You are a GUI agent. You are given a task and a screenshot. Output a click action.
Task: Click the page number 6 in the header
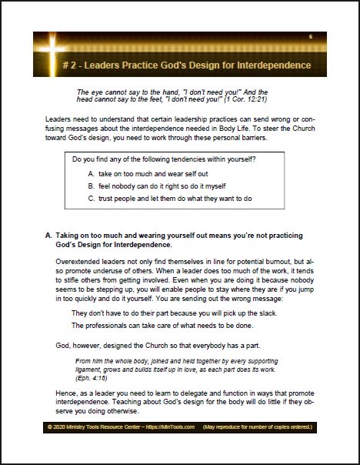pyautogui.click(x=310, y=36)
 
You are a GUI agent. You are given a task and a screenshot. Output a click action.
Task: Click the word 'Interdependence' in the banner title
pyautogui.click(x=271, y=65)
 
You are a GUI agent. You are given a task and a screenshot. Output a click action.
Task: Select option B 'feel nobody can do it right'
pyautogui.click(x=155, y=186)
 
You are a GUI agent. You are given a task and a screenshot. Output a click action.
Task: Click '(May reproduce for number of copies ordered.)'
pyautogui.click(x=258, y=447)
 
